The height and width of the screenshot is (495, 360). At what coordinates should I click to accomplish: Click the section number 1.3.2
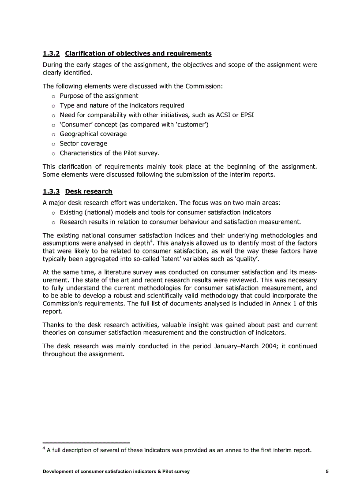pyautogui.click(x=51, y=54)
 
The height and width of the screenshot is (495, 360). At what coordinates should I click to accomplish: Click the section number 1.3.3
pyautogui.click(x=51, y=192)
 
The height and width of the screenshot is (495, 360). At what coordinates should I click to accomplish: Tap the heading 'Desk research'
pyautogui.click(x=89, y=192)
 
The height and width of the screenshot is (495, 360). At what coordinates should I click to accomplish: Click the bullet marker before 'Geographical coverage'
pyautogui.click(x=53, y=134)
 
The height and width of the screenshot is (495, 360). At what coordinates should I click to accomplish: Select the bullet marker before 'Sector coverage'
pyautogui.click(x=53, y=144)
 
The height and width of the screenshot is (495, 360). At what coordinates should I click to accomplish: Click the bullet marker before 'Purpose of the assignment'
pyautogui.click(x=53, y=96)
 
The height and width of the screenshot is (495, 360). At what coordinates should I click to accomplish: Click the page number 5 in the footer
pyautogui.click(x=327, y=472)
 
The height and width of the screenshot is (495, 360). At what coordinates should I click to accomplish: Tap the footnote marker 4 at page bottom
pyautogui.click(x=44, y=449)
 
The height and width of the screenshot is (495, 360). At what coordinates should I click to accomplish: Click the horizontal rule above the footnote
pyautogui.click(x=86, y=443)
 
